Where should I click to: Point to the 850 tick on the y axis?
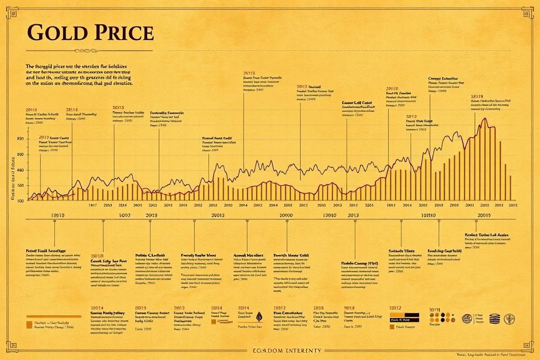point(20,138)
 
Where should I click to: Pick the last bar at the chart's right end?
point(510,187)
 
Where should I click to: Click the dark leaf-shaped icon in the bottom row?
point(258,316)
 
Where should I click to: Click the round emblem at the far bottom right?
point(510,318)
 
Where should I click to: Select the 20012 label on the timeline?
point(218,216)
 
